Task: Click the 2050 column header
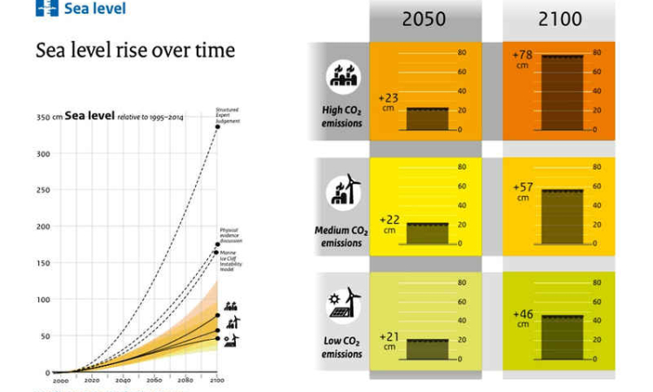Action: coord(423,18)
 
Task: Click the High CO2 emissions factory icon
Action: coord(341,77)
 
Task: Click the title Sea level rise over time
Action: coord(135,51)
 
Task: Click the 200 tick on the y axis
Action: coord(43,226)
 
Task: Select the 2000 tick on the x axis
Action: coord(62,381)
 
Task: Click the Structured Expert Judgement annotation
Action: coord(227,115)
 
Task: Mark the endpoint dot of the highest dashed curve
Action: coord(217,127)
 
